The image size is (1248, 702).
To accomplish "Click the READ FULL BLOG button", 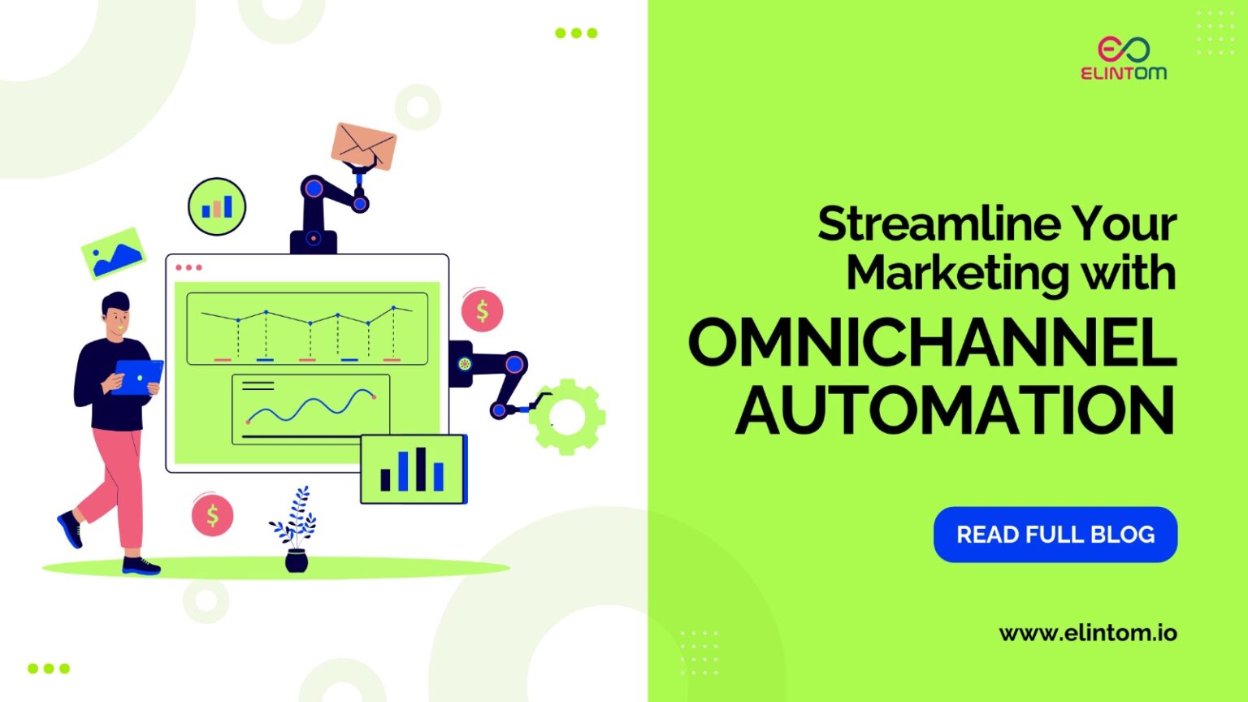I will click(x=1055, y=535).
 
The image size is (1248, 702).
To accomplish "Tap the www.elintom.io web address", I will click(x=1087, y=633).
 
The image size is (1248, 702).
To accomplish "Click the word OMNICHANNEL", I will click(x=932, y=343).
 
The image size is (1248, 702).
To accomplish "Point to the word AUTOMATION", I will click(x=955, y=410).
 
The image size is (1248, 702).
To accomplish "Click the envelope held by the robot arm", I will click(x=364, y=145).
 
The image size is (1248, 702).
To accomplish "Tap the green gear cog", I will click(x=568, y=417).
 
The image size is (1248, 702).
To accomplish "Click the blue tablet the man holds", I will click(x=139, y=376).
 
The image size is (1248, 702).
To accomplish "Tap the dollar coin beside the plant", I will click(x=212, y=515).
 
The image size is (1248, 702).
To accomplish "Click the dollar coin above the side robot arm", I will click(x=482, y=310).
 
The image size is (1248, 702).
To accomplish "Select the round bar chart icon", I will click(x=217, y=206).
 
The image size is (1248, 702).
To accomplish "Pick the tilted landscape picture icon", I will click(x=114, y=253).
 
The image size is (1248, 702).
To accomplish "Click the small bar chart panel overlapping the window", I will click(x=414, y=469).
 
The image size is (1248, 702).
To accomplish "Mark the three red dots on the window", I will click(x=188, y=267).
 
